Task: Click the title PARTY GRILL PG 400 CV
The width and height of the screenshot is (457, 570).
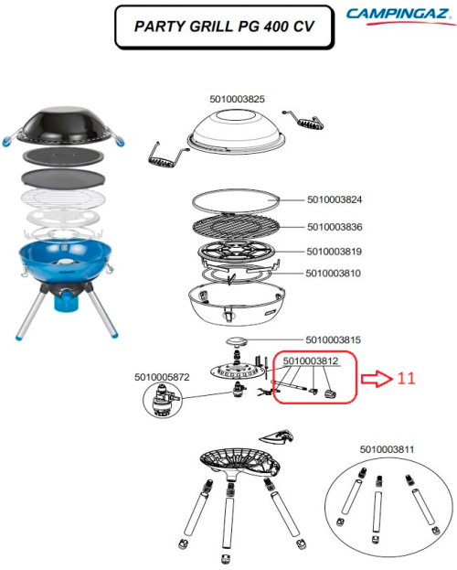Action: pyautogui.click(x=222, y=27)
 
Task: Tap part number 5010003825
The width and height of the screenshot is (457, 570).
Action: pyautogui.click(x=237, y=99)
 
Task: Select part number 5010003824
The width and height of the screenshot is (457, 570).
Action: pyautogui.click(x=335, y=199)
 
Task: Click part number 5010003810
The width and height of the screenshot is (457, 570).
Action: pyautogui.click(x=335, y=273)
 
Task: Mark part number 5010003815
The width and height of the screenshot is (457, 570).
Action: pyautogui.click(x=335, y=339)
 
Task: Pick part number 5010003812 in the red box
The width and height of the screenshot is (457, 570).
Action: pyautogui.click(x=311, y=361)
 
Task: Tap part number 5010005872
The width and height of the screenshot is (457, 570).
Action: pyautogui.click(x=162, y=376)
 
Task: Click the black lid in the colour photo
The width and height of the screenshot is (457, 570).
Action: pyautogui.click(x=64, y=128)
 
